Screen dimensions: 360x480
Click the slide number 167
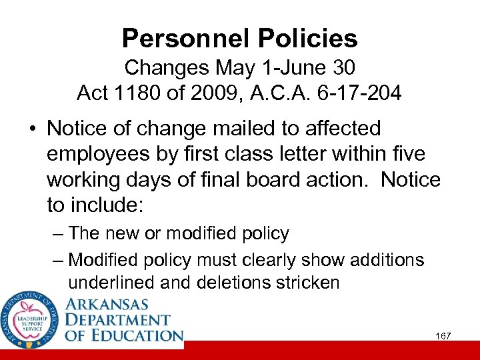pos(443,335)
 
